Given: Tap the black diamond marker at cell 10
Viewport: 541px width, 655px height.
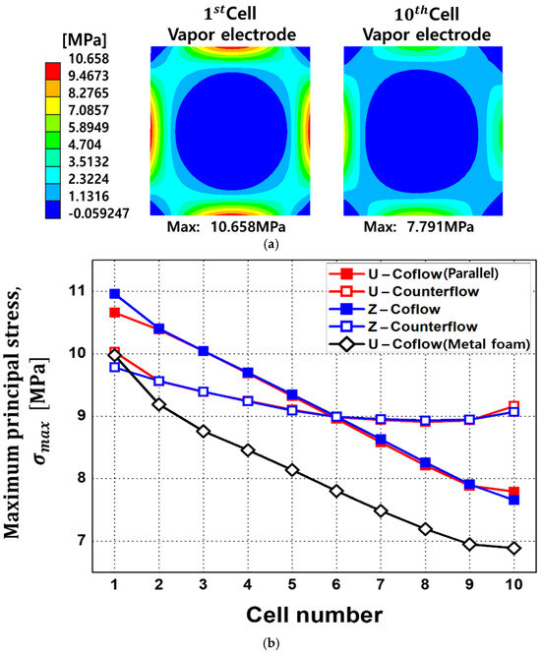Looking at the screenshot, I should pyautogui.click(x=514, y=548).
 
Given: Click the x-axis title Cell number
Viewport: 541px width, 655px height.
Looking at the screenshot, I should pyautogui.click(x=314, y=614).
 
